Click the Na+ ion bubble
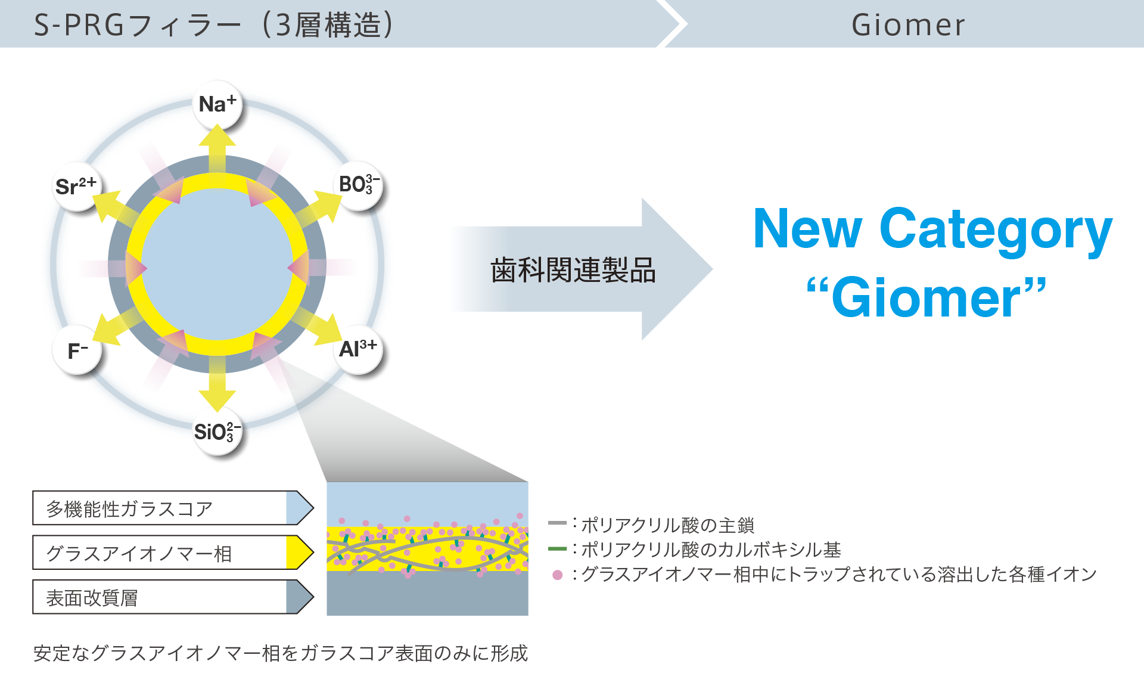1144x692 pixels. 217,104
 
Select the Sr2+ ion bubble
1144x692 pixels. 76,186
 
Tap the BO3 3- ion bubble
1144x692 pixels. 358,185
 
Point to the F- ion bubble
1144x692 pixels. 77,350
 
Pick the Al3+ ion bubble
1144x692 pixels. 357,349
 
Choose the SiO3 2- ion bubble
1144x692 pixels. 217,431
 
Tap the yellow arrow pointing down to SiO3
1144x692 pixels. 217,387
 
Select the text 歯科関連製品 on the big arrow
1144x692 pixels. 573,270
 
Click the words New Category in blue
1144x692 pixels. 932,229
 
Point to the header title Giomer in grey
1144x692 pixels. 908,25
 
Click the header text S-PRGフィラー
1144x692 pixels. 137,25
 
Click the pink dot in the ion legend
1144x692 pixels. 558,575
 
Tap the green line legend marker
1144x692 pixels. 558,548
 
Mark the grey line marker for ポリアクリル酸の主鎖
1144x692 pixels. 558,523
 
